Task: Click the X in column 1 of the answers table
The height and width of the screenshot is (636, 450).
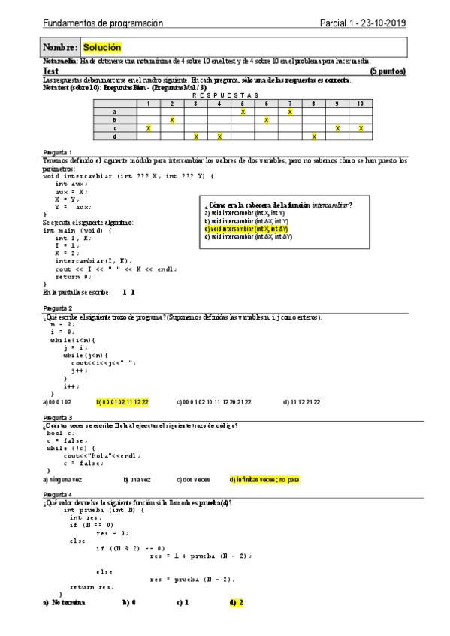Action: [x=148, y=128]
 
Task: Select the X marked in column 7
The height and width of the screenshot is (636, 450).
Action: [x=290, y=111]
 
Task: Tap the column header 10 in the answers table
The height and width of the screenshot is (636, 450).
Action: [x=361, y=103]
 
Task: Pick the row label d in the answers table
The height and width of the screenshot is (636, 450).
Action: [x=114, y=136]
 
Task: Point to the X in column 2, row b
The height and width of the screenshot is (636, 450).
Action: [x=172, y=120]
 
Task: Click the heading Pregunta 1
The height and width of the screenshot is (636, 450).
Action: [x=58, y=151]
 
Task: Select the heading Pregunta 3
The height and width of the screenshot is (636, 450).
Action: [x=58, y=417]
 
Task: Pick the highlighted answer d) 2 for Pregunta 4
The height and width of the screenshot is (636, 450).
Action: [x=237, y=602]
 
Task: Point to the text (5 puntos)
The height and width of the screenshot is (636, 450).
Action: [x=388, y=70]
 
